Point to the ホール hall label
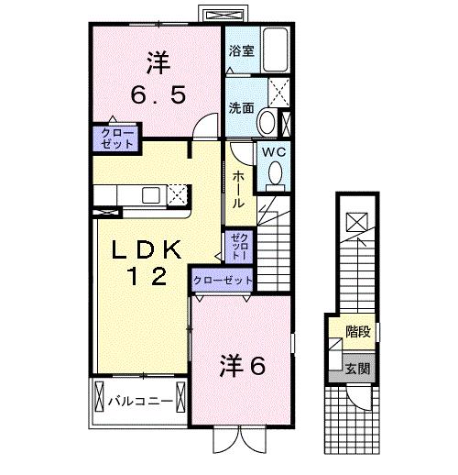tap(237, 188)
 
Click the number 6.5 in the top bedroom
tap(158, 94)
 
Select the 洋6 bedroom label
tap(241, 366)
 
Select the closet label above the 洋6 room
tap(222, 279)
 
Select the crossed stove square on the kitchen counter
tap(178, 193)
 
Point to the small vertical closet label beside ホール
tap(238, 247)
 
